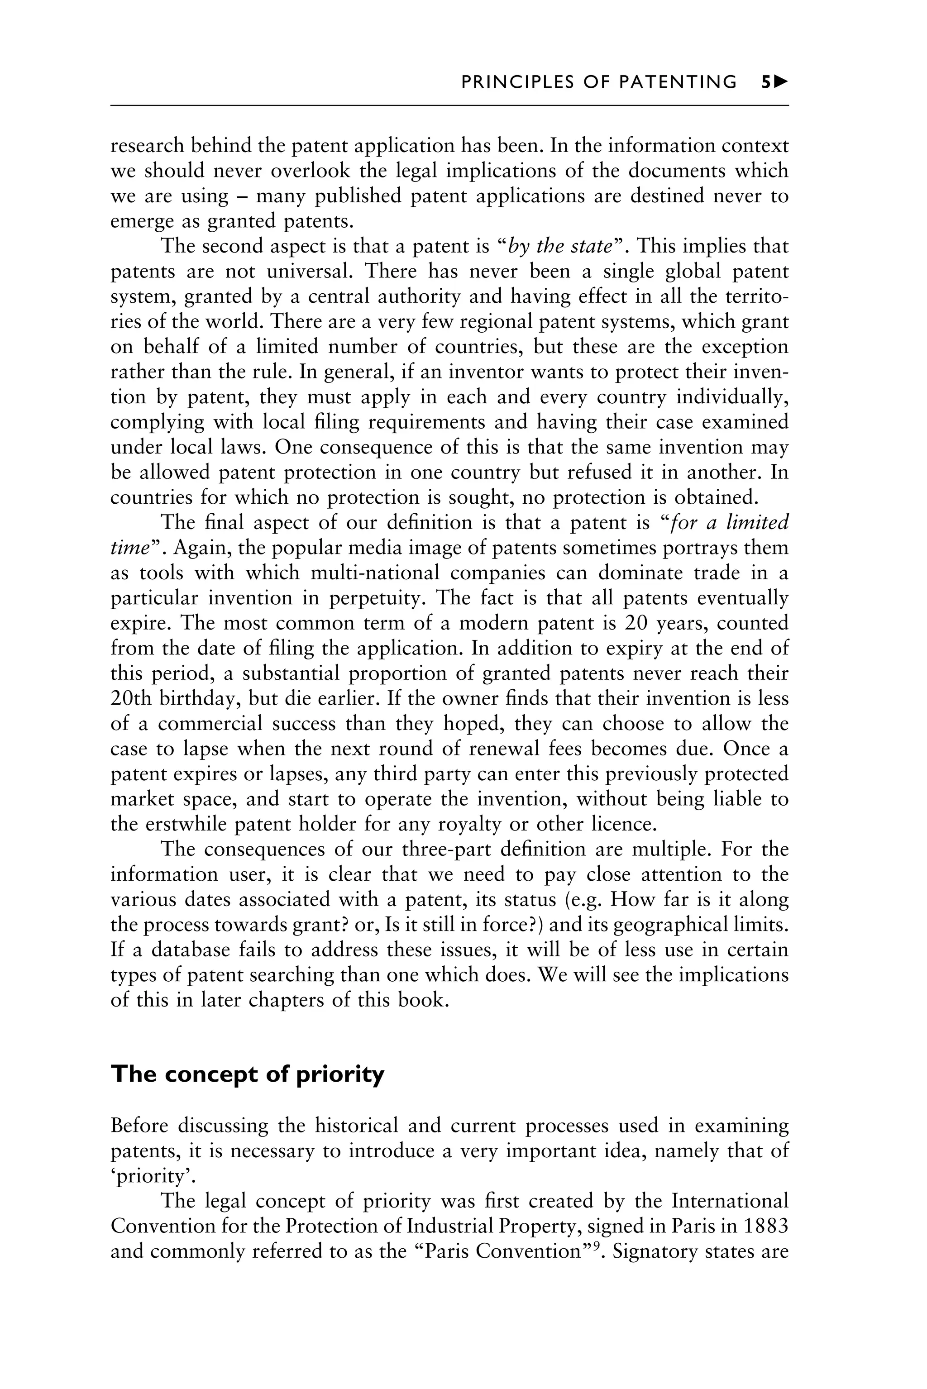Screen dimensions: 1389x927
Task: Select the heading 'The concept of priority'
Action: click(247, 1074)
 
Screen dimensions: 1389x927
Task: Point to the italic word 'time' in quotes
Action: click(129, 548)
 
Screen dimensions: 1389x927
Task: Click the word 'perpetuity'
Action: click(375, 598)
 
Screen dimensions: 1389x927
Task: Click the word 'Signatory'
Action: click(655, 1252)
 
